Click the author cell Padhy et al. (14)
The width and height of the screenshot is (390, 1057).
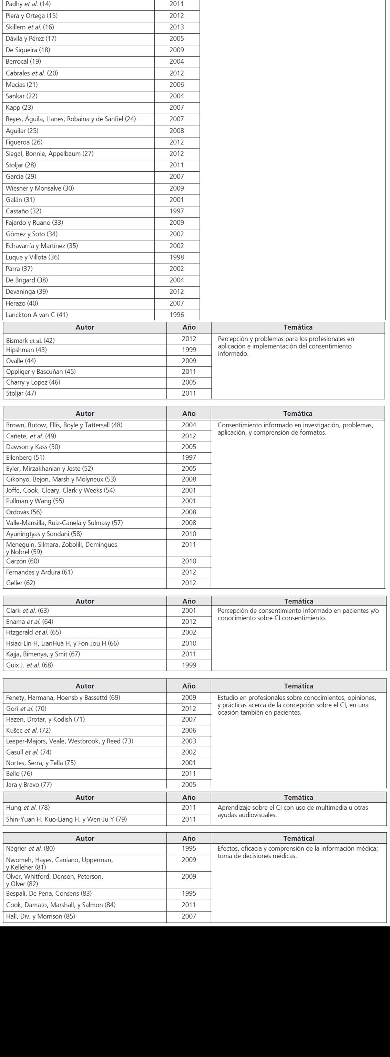point(28,4)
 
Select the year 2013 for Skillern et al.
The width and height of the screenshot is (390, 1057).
point(177,27)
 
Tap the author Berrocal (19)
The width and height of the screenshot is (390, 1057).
point(23,62)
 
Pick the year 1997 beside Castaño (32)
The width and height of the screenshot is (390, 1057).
point(177,211)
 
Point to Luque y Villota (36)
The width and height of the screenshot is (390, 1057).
point(32,257)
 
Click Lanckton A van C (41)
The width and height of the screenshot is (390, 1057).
point(37,315)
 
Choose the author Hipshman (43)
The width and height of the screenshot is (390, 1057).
point(26,350)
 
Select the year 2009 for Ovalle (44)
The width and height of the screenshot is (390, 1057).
point(189,361)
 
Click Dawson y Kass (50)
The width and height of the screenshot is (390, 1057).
point(33,447)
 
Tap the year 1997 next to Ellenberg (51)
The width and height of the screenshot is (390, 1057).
point(189,458)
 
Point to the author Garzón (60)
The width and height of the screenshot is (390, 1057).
point(23,561)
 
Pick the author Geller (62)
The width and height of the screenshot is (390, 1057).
point(21,583)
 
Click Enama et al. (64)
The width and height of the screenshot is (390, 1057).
point(30,622)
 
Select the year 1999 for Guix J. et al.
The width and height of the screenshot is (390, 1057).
point(189,665)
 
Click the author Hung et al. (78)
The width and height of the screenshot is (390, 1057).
point(28,808)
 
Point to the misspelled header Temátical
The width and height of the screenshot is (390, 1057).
point(298,838)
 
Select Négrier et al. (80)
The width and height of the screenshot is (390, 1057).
point(30,848)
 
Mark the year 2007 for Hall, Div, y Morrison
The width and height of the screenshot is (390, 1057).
point(189,916)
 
